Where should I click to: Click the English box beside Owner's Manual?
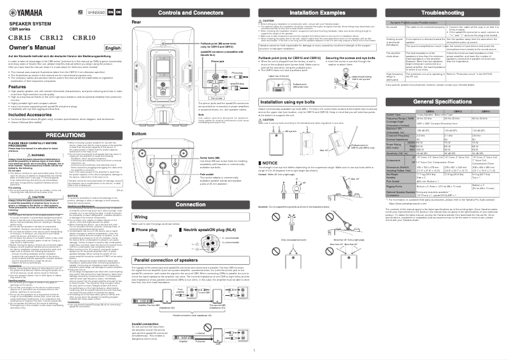coord(112,48)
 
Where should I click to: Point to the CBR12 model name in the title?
coord(51,38)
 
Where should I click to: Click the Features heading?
coord(17,86)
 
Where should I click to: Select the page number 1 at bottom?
coord(254,350)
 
